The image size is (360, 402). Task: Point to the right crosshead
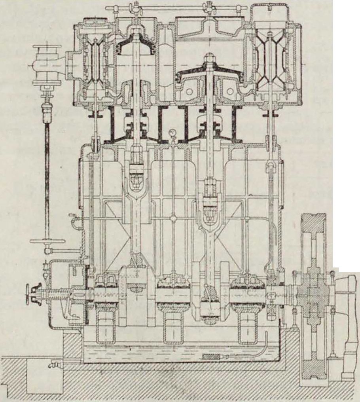pyautogui.click(x=208, y=202)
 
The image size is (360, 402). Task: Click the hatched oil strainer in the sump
pyautogui.click(x=214, y=357)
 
